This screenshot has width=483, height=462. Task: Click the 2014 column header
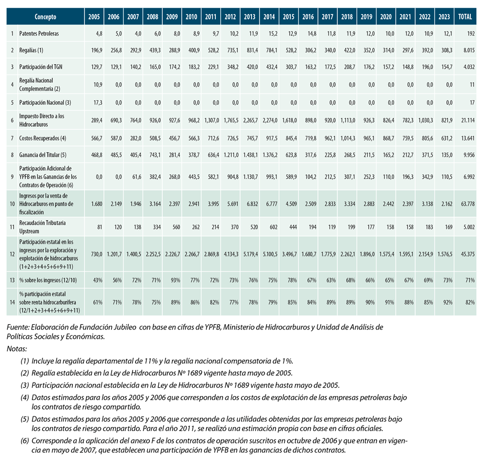(x=269, y=17)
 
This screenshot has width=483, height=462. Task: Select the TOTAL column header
(x=465, y=17)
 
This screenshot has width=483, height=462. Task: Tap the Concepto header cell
(x=45, y=17)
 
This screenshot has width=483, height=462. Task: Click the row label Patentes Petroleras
(x=39, y=34)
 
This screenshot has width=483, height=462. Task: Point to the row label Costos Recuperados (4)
(x=42, y=138)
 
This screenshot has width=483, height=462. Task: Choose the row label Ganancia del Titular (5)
(x=42, y=155)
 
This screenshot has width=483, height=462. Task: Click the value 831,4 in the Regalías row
(x=253, y=50)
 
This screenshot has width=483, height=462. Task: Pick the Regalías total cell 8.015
(x=469, y=50)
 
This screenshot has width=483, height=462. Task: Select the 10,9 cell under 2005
(x=98, y=85)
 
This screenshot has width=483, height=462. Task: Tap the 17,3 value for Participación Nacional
(x=98, y=103)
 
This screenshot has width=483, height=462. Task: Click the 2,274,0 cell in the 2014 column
(x=270, y=120)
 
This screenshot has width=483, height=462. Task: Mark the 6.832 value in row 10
(x=253, y=204)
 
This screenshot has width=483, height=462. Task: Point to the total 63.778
(x=468, y=204)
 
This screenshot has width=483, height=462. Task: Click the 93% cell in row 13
(x=175, y=280)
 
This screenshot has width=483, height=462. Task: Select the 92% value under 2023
(x=448, y=302)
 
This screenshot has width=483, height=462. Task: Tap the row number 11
(x=12, y=227)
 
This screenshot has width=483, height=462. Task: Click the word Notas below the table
(x=17, y=349)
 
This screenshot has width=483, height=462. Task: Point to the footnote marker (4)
(x=25, y=398)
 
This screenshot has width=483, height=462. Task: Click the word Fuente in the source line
(x=18, y=327)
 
